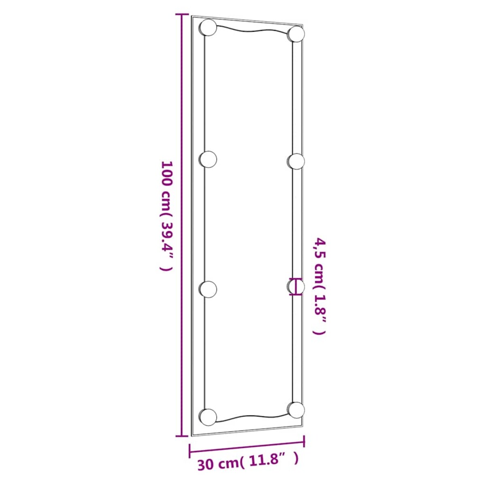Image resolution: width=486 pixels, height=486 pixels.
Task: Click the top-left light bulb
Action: tap(209, 27)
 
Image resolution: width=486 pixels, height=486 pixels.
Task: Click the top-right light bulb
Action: tap(296, 34)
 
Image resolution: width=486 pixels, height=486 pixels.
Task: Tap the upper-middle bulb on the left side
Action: tap(209, 159)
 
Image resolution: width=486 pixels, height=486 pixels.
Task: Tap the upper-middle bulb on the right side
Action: tap(296, 161)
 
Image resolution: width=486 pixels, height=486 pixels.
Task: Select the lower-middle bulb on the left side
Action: tap(209, 289)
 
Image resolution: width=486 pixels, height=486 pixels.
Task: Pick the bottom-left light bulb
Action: tap(209, 416)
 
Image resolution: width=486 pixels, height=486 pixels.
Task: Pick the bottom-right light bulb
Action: tap(296, 409)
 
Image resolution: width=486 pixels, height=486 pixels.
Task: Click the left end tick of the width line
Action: tap(190, 451)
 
